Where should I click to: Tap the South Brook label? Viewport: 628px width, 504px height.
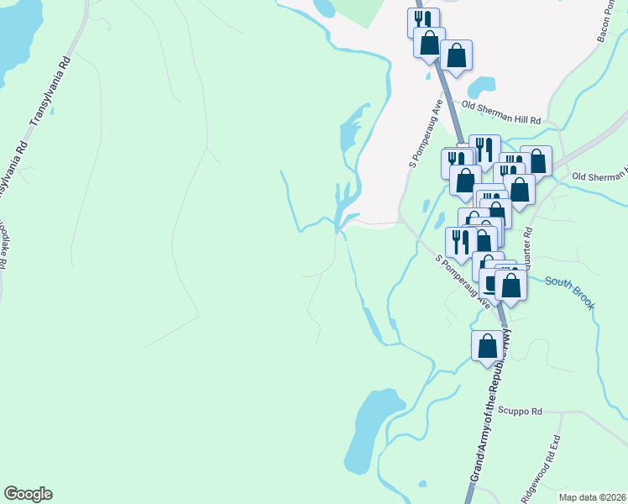(569, 291)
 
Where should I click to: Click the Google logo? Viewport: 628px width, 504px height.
(28, 494)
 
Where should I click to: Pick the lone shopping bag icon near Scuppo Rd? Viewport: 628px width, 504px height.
(487, 346)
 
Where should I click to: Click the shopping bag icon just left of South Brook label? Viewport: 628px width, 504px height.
(510, 285)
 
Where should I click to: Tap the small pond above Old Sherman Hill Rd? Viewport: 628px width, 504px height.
(480, 85)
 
